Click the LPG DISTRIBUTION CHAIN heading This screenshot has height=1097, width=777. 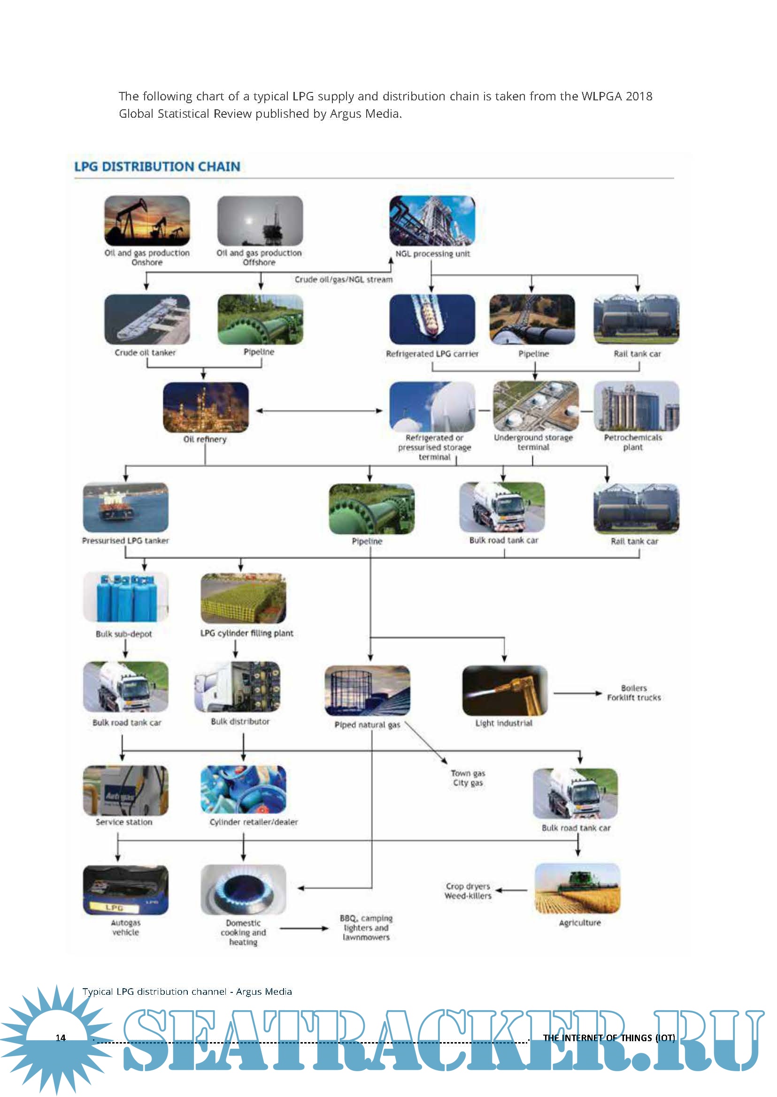[157, 166]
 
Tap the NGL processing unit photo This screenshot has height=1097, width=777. [432, 221]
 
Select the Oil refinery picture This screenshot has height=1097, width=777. [206, 407]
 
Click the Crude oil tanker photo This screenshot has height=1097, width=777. [147, 319]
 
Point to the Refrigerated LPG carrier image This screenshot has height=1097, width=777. [432, 319]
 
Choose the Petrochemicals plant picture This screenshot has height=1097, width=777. [636, 406]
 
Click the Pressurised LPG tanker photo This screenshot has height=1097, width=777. [125, 507]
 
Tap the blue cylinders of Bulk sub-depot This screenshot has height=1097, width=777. [125, 597]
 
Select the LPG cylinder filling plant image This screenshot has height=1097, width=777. [243, 598]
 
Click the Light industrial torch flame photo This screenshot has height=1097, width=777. [504, 690]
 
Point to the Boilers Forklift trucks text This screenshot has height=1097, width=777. [633, 693]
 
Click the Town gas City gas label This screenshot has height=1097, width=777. [468, 778]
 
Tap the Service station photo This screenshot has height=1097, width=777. [125, 791]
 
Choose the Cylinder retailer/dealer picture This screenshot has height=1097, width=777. [243, 789]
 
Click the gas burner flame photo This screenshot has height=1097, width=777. [243, 890]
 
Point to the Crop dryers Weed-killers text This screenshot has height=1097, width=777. [468, 891]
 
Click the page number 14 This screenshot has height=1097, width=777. [61, 1038]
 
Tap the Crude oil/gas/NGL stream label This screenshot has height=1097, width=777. [343, 280]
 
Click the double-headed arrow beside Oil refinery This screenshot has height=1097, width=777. [319, 410]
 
